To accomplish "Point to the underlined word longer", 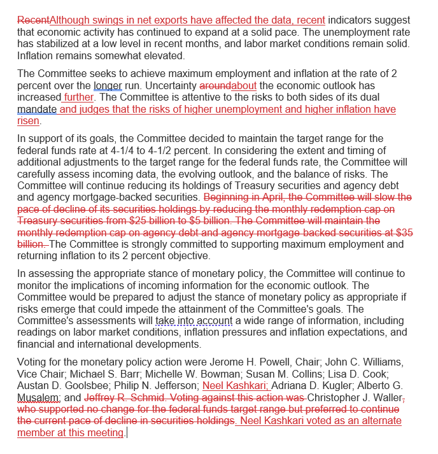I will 108,85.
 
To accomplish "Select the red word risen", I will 29,122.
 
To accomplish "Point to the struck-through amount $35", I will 404,233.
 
